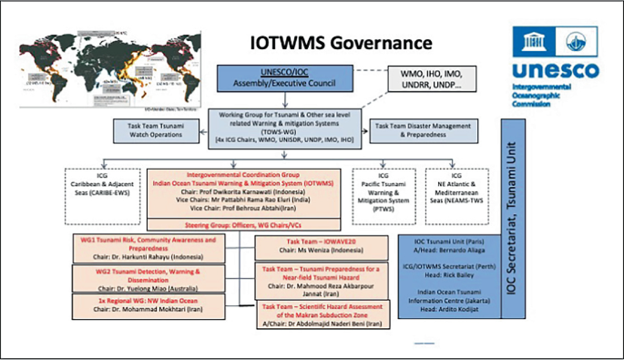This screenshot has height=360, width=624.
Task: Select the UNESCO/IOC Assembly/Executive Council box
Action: tap(272, 81)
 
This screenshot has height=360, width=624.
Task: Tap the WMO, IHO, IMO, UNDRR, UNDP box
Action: tap(424, 79)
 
